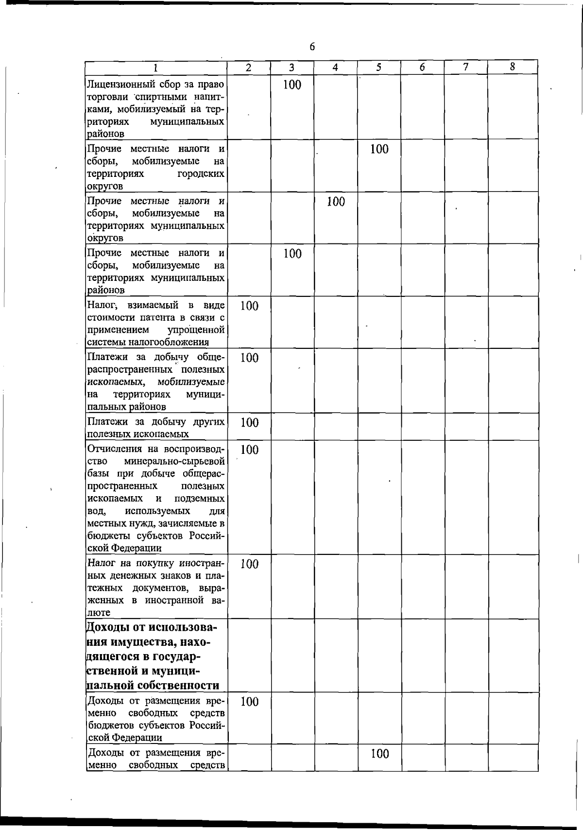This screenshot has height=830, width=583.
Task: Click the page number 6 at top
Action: click(x=312, y=47)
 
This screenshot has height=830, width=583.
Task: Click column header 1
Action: click(x=155, y=68)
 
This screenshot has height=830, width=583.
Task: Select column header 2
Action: click(x=249, y=68)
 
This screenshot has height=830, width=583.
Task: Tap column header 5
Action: click(x=378, y=68)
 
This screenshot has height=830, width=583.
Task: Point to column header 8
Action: click(x=512, y=67)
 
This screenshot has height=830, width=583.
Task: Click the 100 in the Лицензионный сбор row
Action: click(x=292, y=85)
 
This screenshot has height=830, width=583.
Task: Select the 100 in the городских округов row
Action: click(x=379, y=149)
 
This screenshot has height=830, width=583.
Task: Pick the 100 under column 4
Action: click(x=335, y=201)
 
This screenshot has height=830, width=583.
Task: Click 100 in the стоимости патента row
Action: click(x=249, y=306)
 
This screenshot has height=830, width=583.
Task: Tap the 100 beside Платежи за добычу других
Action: click(x=249, y=423)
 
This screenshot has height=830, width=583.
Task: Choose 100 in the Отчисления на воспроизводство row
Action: click(x=249, y=450)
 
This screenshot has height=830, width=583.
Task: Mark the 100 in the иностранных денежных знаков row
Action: click(x=249, y=564)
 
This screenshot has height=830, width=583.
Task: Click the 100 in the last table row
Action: click(x=379, y=754)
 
